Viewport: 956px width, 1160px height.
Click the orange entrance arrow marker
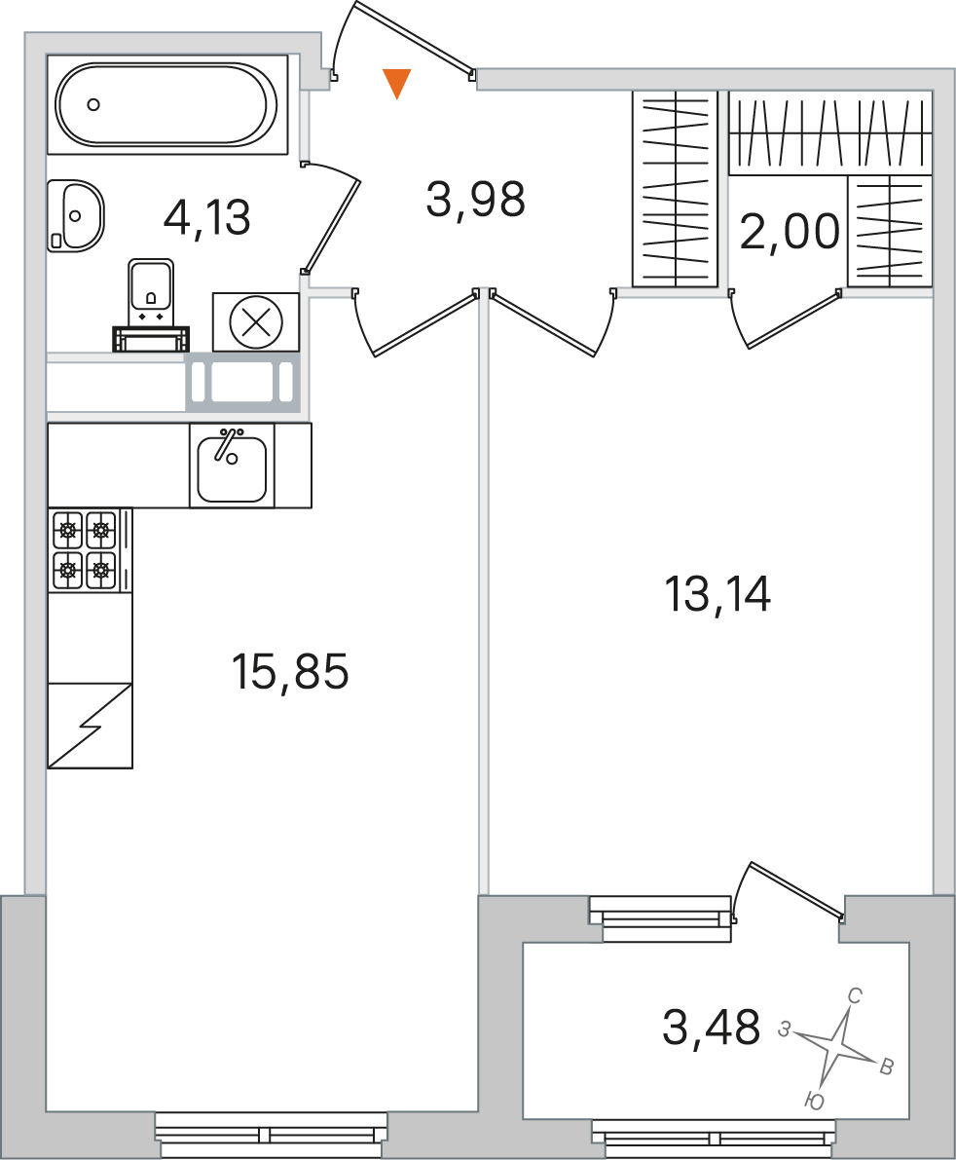397,83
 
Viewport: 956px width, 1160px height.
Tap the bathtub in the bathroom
167,104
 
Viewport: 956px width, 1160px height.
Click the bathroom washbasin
75,216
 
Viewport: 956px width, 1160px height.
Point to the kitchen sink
232,466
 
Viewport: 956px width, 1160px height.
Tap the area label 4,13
207,218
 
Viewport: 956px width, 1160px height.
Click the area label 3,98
475,200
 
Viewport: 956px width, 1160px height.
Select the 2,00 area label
790,231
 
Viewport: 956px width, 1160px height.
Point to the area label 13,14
717,594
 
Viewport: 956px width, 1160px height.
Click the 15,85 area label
290,672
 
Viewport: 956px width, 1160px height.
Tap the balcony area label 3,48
712,1027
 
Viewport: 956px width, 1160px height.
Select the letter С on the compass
855,995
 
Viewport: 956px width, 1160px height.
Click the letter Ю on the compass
814,1102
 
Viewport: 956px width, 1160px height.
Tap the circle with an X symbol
257,322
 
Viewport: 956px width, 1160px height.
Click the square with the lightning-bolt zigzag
91,726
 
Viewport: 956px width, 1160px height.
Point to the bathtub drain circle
93,104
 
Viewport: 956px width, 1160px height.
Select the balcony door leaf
797,890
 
